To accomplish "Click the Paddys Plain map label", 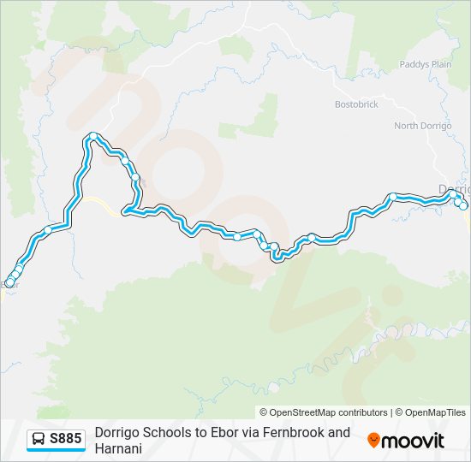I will pyautogui.click(x=425, y=64).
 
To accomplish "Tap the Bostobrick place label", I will pyautogui.click(x=355, y=104).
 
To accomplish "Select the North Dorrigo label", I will pyautogui.click(x=421, y=126).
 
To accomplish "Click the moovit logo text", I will pyautogui.click(x=414, y=441).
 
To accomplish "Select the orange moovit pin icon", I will pyautogui.click(x=373, y=441).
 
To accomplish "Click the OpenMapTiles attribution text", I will pyautogui.click(x=433, y=412).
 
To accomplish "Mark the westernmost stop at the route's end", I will pyautogui.click(x=9, y=283).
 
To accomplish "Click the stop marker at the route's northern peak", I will pyautogui.click(x=92, y=136).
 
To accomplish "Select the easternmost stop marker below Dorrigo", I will pyautogui.click(x=463, y=205).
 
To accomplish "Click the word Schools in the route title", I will pyautogui.click(x=166, y=432).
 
